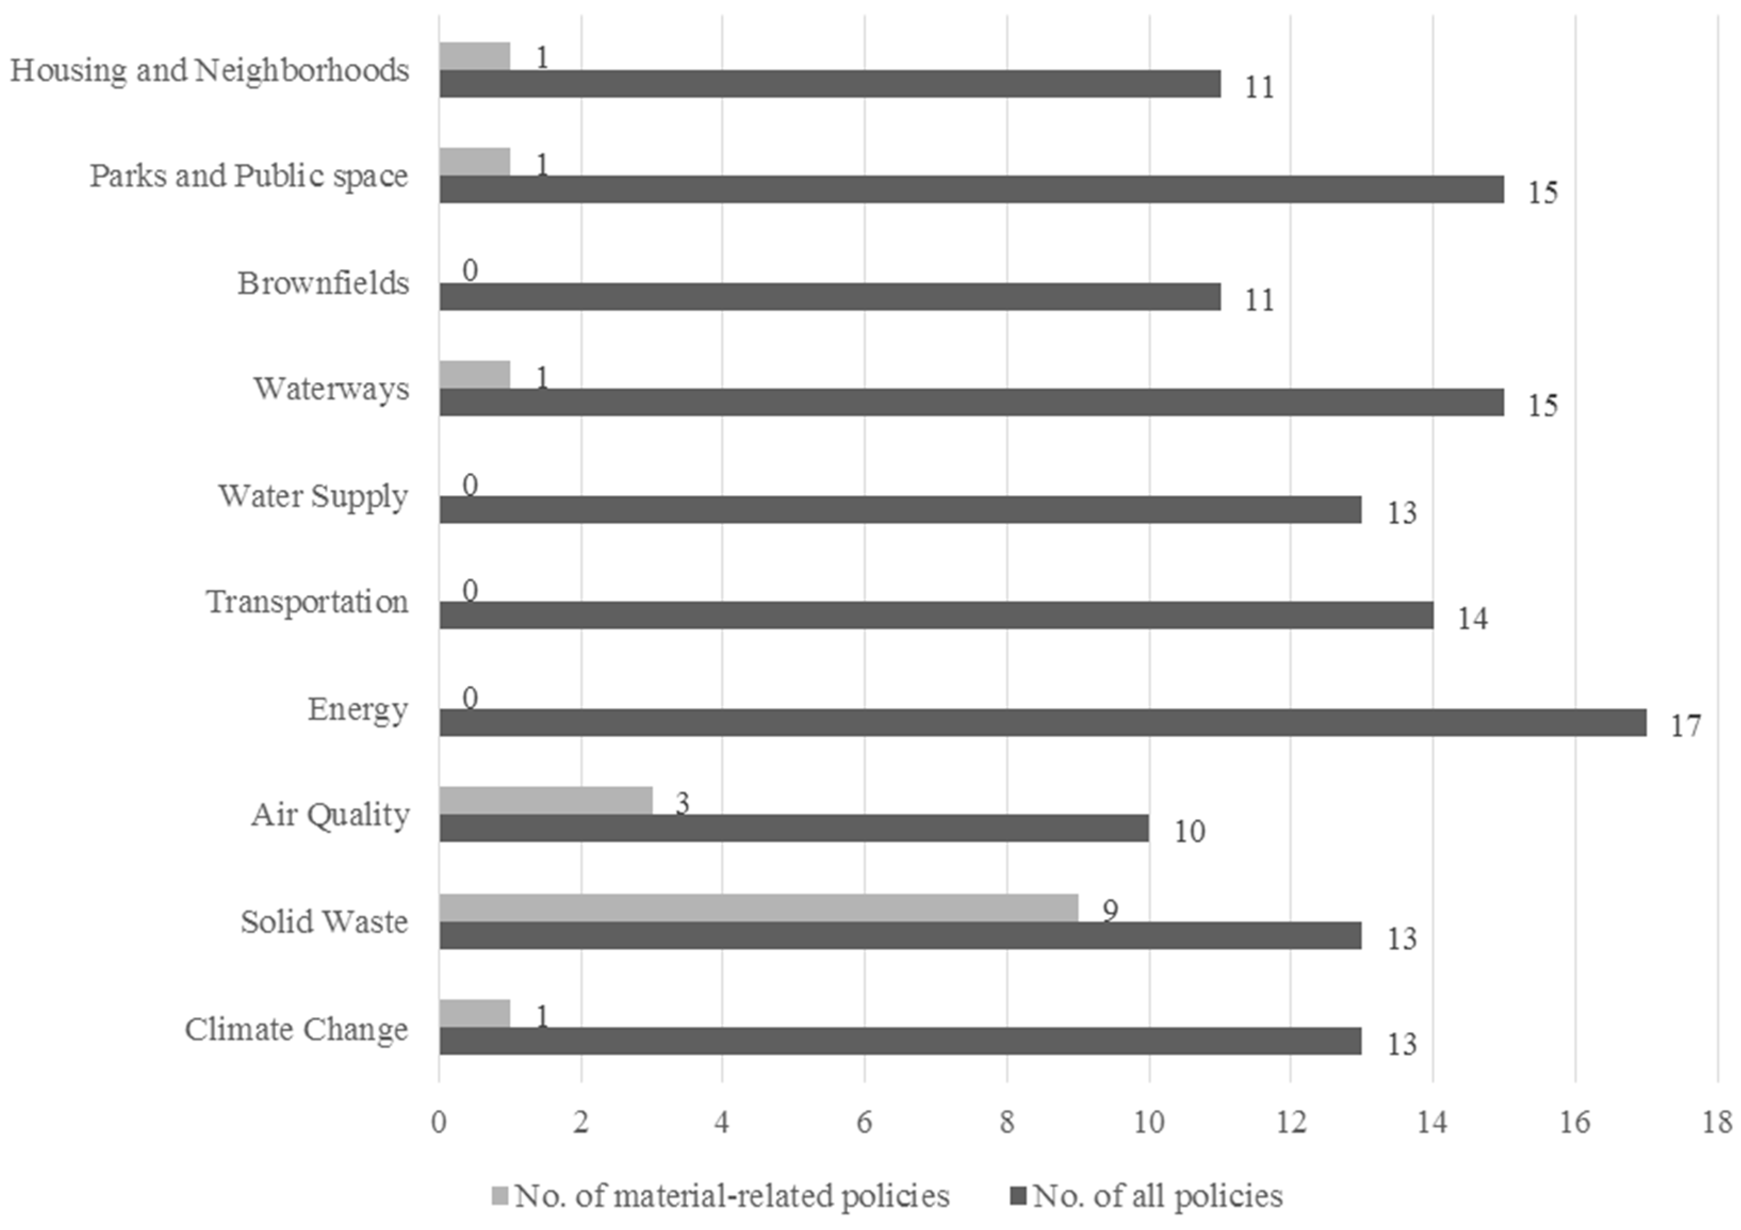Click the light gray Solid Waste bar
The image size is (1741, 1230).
[758, 908]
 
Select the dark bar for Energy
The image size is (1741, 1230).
[1042, 723]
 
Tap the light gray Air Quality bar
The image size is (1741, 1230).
[546, 800]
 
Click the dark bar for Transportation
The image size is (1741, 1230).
[937, 615]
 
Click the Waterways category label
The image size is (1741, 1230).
[331, 388]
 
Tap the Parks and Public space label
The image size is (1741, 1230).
[249, 176]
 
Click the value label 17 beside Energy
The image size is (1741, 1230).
[1686, 726]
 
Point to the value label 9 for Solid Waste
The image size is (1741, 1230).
[1110, 910]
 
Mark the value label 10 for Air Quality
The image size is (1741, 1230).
[1189, 832]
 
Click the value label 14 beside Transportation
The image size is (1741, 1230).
[1472, 619]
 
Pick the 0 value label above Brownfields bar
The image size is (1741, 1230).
[470, 270]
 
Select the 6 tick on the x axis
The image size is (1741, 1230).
[865, 1122]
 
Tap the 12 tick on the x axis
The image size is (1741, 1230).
[1291, 1122]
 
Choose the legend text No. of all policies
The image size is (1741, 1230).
[1157, 1196]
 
